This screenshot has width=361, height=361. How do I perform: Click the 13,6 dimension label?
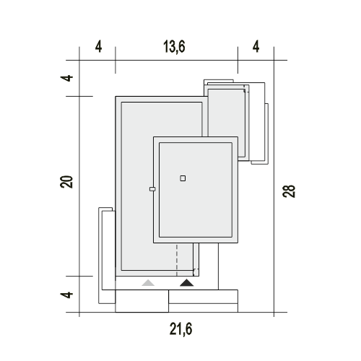[174, 47]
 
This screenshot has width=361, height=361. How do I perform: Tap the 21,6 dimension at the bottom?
[180, 329]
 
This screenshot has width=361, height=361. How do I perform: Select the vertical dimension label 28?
[289, 191]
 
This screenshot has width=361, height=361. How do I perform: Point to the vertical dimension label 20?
[66, 182]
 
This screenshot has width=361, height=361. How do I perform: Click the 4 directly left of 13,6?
[98, 47]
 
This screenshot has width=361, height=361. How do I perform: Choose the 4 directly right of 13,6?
[256, 47]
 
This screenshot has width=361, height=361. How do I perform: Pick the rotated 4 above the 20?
[66, 78]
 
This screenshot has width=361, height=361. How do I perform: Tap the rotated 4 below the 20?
[66, 295]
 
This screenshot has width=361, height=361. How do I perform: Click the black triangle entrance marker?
[187, 283]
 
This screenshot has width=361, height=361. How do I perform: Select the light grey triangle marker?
[148, 283]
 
